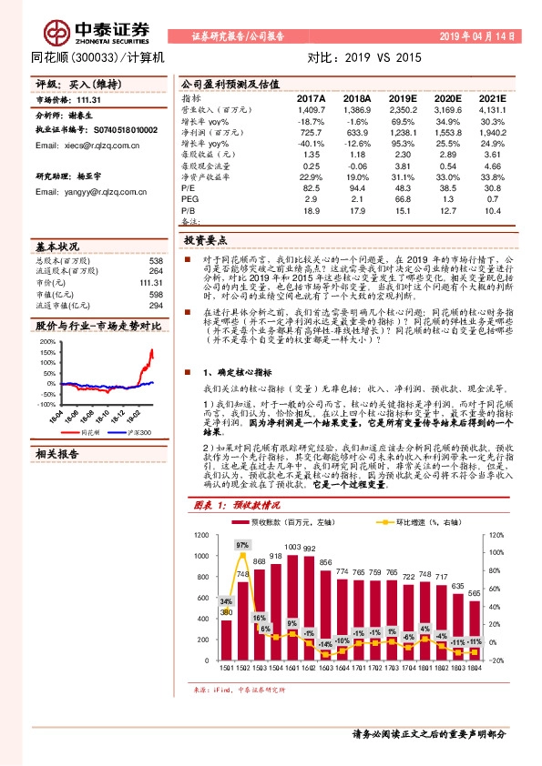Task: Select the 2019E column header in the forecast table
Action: tap(402, 98)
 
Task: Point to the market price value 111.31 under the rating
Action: tap(87, 100)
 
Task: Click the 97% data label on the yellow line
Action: tap(241, 545)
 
